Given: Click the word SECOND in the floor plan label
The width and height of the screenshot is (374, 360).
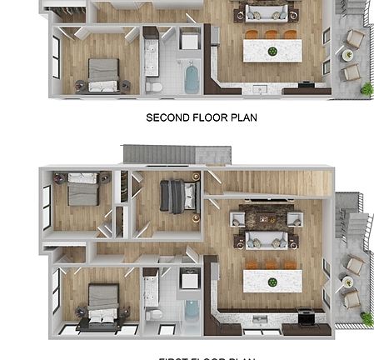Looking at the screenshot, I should [x=167, y=117].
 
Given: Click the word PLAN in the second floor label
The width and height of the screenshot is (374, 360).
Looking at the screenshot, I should [x=242, y=117].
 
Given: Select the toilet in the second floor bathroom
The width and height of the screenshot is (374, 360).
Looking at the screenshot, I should [x=154, y=86].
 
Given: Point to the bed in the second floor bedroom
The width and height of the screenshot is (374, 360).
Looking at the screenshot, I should [x=102, y=74].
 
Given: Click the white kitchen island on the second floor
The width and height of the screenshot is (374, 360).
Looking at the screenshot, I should [x=271, y=51].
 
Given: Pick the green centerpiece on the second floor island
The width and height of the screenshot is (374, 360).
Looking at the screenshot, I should [x=272, y=51].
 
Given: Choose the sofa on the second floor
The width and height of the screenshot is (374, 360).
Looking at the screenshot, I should [x=265, y=12].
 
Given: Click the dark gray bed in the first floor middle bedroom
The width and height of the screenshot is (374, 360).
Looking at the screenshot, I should [x=177, y=197].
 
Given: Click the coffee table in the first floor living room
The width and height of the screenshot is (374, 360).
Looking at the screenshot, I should [x=264, y=220].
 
